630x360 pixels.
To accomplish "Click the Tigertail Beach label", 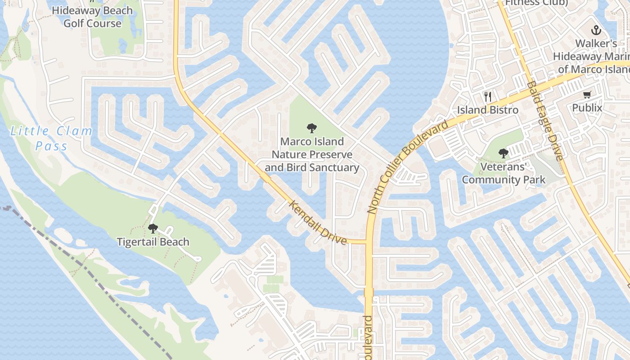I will (x=153, y=242).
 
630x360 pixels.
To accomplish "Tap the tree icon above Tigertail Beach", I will (x=153, y=229).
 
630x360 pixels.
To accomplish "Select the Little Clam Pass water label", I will (x=51, y=139).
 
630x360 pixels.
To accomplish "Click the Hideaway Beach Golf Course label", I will (x=92, y=17).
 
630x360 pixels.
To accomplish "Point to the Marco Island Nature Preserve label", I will (x=312, y=155).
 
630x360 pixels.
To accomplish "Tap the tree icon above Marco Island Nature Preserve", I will (x=311, y=128).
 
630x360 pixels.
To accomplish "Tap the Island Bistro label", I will (x=488, y=110).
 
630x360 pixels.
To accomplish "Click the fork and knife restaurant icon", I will (x=487, y=96).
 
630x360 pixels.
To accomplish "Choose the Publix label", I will (x=587, y=108).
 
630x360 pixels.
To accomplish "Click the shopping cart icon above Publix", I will (x=587, y=94).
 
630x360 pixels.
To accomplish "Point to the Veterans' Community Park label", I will (x=504, y=173).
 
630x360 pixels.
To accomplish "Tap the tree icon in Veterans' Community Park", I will (x=503, y=153).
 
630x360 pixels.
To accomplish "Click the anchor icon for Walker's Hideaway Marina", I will (x=596, y=31).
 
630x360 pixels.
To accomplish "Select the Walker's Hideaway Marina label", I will (x=592, y=57).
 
